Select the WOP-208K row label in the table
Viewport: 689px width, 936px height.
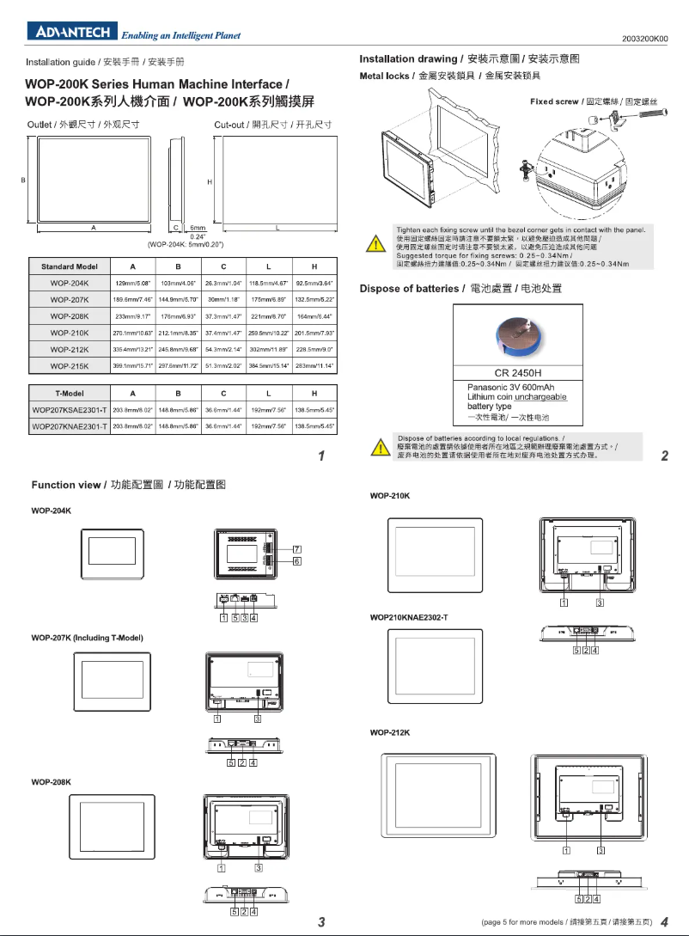pyautogui.click(x=70, y=315)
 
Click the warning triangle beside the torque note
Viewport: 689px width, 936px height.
pyautogui.click(x=375, y=245)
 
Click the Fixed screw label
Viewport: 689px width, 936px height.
pyautogui.click(x=554, y=101)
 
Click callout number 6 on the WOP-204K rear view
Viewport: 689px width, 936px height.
pyautogui.click(x=296, y=560)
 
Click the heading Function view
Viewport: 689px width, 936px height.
pyautogui.click(x=66, y=485)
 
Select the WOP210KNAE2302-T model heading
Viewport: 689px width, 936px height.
pyautogui.click(x=409, y=617)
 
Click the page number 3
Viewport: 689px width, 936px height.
pyautogui.click(x=321, y=922)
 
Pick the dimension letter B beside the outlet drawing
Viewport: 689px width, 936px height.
pyautogui.click(x=22, y=180)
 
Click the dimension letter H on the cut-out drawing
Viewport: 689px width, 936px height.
pyautogui.click(x=209, y=182)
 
